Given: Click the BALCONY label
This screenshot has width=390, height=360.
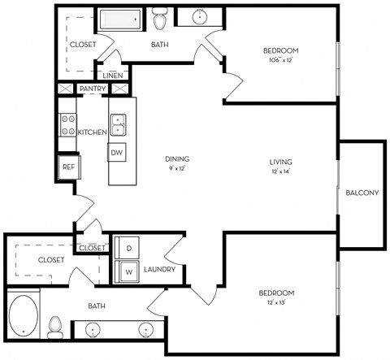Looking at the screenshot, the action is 362,193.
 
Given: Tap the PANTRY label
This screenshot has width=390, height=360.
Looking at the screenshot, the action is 93,89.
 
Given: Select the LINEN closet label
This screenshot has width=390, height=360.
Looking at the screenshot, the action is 113,76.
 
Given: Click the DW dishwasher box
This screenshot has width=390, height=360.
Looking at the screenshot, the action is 117,152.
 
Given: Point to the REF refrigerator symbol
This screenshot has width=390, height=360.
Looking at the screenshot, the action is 69,167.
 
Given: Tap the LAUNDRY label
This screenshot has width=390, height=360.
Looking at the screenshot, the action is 159,269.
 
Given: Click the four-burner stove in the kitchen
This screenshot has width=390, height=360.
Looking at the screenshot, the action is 67,125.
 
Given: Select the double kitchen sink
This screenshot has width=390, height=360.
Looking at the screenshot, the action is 118,125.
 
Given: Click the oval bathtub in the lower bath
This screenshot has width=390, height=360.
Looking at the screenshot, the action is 24,316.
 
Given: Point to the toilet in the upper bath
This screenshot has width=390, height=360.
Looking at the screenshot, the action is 159,18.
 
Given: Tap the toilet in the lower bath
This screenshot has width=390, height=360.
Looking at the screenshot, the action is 55,327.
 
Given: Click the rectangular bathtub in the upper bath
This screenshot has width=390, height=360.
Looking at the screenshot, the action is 120,19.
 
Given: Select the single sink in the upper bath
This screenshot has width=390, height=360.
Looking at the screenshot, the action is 200,17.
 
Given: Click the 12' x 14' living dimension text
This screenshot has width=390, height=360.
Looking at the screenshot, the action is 280,171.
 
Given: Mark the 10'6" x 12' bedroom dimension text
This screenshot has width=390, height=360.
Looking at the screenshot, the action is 281,60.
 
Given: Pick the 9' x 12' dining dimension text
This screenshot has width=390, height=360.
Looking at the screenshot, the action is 177,168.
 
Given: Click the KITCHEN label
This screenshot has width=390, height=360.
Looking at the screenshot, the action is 93,132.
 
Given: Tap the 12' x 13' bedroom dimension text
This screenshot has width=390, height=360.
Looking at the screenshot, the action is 276,302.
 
